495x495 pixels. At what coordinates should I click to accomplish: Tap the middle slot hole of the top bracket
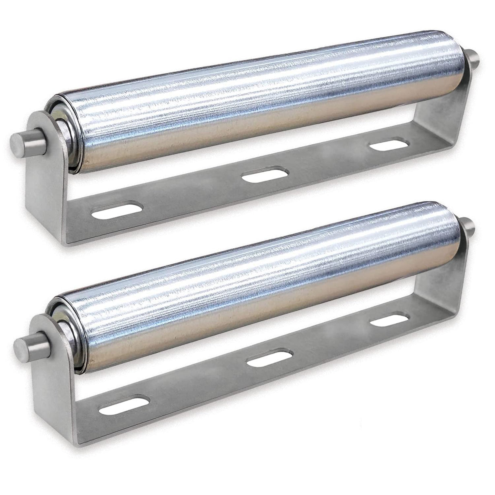[x=263, y=177]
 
